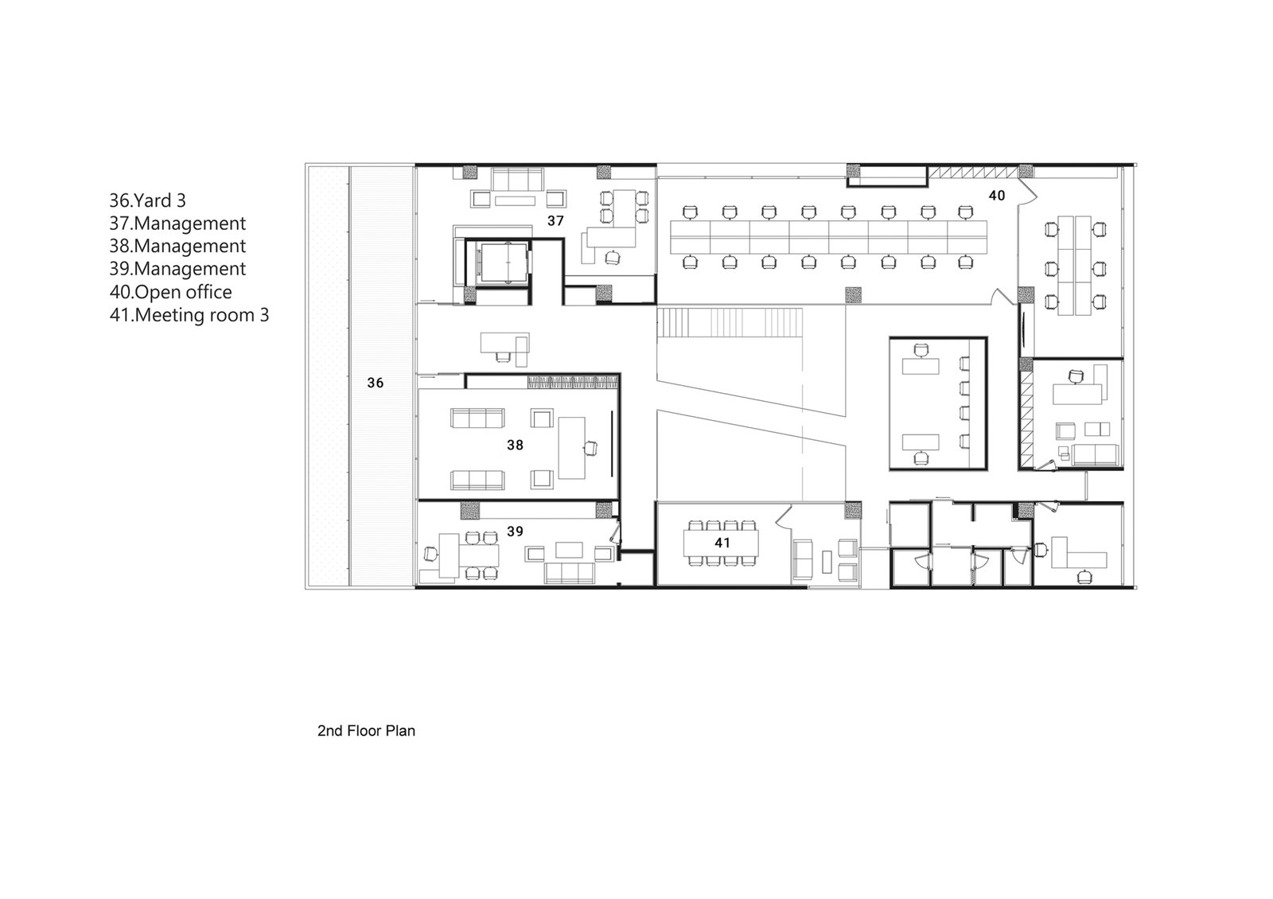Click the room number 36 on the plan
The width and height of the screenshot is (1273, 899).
point(375,383)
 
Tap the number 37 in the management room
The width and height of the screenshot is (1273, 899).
point(555,220)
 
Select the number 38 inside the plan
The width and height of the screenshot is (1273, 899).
point(515,445)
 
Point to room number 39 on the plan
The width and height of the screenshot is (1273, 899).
point(515,531)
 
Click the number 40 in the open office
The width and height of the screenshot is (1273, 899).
point(997,196)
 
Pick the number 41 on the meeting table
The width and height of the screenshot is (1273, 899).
point(722,543)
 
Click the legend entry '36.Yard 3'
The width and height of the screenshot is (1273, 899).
point(147,200)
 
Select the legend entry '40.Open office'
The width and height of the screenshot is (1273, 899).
point(170,292)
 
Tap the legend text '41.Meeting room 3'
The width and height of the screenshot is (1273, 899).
point(189,315)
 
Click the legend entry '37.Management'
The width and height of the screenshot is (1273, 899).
point(177,224)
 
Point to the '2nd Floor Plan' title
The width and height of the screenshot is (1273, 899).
point(366,731)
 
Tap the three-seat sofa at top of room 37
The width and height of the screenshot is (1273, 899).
point(518,179)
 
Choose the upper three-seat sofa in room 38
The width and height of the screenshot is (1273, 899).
point(477,418)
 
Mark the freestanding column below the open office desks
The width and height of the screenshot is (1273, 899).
point(853,295)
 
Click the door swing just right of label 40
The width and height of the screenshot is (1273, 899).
point(1027,192)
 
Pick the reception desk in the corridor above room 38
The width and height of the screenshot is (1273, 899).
point(504,347)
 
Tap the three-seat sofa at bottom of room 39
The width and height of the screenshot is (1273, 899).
point(570,573)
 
